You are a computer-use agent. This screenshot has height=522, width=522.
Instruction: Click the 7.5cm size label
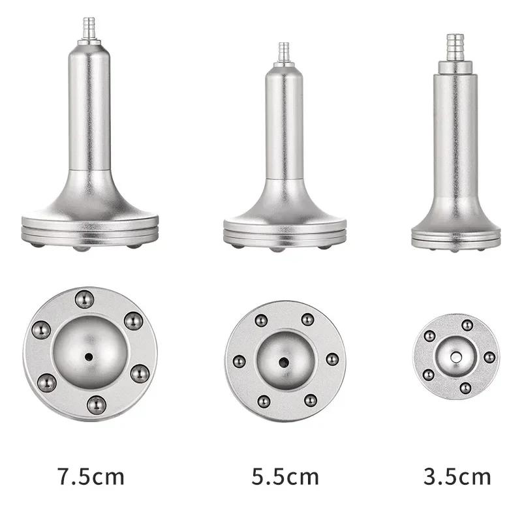pyautogui.click(x=90, y=476)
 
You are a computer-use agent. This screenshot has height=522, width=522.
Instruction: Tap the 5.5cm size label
pyautogui.click(x=285, y=476)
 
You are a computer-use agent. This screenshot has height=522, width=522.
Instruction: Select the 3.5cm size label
pyautogui.click(x=457, y=476)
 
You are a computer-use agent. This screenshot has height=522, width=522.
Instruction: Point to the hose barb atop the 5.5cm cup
pyautogui.click(x=284, y=50)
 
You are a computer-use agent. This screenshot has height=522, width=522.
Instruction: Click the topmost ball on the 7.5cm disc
pyautogui.click(x=82, y=299)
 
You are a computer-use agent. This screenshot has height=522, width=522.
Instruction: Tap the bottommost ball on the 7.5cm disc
pyautogui.click(x=95, y=403)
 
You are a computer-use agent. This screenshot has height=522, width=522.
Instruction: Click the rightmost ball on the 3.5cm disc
pyautogui.click(x=487, y=357)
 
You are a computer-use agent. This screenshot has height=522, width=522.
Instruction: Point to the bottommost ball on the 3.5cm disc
pyautogui.click(x=465, y=388)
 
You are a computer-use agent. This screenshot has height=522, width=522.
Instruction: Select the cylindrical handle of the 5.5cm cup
pyautogui.click(x=284, y=124)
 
